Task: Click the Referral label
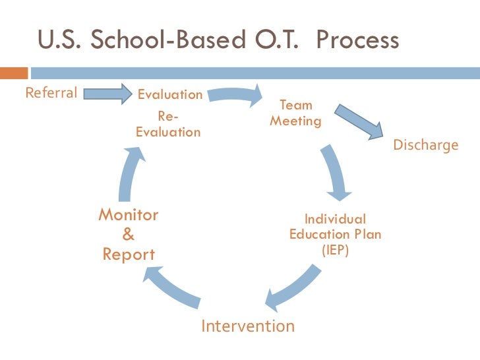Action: (x=51, y=92)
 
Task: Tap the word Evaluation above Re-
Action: (x=170, y=94)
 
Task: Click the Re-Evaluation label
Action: (x=168, y=124)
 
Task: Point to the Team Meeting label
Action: (x=296, y=113)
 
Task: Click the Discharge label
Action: (x=425, y=145)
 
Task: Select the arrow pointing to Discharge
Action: (x=359, y=121)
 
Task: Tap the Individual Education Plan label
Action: (x=335, y=227)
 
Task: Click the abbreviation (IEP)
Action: (x=335, y=251)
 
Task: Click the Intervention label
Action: (x=247, y=326)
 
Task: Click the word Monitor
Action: (x=129, y=215)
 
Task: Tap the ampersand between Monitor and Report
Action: (x=129, y=234)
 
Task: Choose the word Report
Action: (x=129, y=255)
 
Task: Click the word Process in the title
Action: (x=357, y=41)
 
